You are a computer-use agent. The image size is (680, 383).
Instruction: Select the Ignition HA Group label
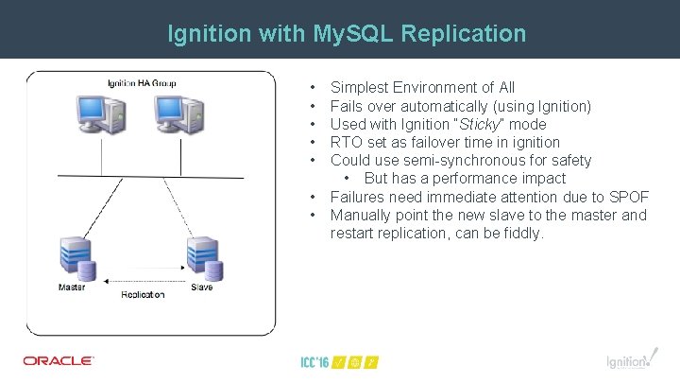(x=142, y=84)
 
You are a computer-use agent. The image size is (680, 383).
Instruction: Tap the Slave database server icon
(x=204, y=256)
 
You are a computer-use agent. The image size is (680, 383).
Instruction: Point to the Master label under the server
(x=72, y=287)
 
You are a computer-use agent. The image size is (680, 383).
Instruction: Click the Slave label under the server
(x=202, y=287)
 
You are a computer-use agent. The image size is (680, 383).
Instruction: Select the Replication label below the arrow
(x=143, y=295)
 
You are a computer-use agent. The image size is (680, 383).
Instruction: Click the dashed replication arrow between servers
(x=142, y=281)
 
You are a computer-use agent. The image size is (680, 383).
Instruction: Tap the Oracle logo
(x=59, y=360)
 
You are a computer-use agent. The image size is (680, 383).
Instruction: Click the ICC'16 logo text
(x=315, y=361)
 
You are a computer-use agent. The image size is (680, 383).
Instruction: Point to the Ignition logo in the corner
(x=628, y=360)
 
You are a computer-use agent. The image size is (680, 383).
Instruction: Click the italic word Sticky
(x=479, y=124)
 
